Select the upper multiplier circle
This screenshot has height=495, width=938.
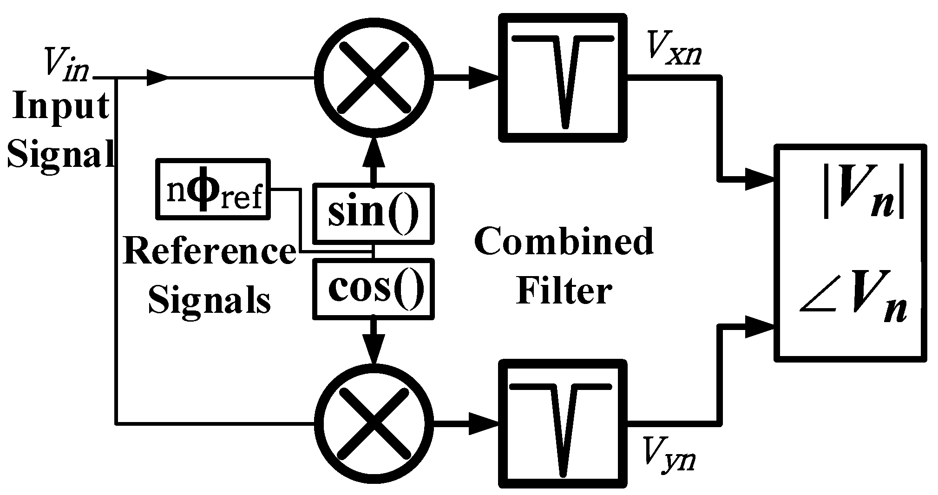pyautogui.click(x=374, y=78)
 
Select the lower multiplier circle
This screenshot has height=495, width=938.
pyautogui.click(x=374, y=423)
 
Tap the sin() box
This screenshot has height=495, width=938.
pyautogui.click(x=374, y=213)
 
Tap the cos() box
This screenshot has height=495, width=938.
pyautogui.click(x=374, y=289)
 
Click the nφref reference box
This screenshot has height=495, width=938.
pyautogui.click(x=213, y=189)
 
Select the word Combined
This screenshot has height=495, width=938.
pyautogui.click(x=564, y=242)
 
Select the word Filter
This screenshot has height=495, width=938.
pyautogui.click(x=564, y=291)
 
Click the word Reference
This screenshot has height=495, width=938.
pyautogui.click(x=209, y=251)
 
